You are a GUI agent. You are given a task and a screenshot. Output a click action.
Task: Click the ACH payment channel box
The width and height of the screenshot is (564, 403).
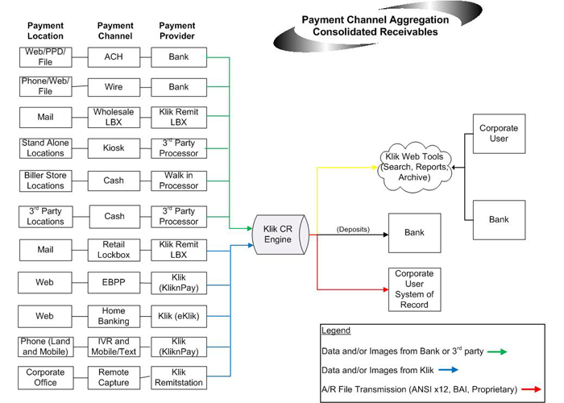[114, 57]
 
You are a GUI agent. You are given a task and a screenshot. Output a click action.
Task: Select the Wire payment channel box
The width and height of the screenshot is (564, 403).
[114, 86]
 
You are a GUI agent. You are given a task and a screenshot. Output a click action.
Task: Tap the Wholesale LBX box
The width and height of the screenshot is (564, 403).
[114, 117]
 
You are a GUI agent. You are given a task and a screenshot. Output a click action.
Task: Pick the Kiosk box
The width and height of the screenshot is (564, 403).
[114, 148]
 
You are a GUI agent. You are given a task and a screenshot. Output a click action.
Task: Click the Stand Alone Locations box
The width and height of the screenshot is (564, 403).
[45, 148]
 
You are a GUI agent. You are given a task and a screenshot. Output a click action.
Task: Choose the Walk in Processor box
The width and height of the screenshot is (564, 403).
[178, 181]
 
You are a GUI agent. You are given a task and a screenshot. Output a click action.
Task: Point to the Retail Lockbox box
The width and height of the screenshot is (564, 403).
[114, 250]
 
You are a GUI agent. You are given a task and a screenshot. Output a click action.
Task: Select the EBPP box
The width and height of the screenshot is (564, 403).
[114, 284]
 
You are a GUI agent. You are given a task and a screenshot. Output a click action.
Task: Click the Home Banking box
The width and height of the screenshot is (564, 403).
[114, 316]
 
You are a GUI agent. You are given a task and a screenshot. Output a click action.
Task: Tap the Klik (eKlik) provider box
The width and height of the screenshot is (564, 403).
[178, 316]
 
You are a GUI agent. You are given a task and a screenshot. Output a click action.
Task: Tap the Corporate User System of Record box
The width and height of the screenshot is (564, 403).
[414, 289]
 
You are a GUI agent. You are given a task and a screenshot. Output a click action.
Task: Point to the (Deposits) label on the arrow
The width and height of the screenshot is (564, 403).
[353, 230]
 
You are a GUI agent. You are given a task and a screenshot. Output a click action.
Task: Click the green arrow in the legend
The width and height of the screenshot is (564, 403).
[496, 351]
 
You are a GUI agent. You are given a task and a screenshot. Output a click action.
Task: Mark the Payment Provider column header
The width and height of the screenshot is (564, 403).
[177, 31]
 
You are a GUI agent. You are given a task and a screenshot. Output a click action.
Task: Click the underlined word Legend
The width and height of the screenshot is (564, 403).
[336, 331]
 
